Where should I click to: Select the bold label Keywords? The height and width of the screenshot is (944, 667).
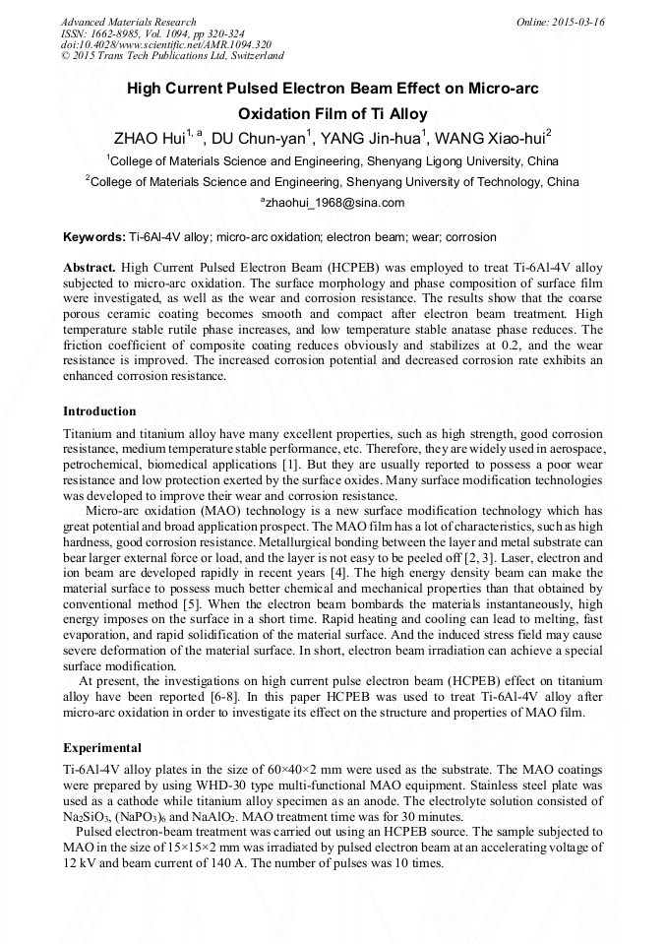coord(93,238)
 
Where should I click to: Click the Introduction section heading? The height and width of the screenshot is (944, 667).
coord(99,411)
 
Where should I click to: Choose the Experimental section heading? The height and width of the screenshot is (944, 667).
coord(102,748)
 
